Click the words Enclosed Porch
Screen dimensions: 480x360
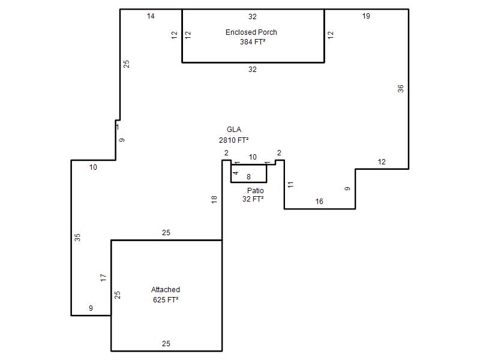[x=251, y=32]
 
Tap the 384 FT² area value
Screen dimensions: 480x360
[x=253, y=41]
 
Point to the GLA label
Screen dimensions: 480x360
[x=234, y=130]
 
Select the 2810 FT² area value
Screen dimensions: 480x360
[x=233, y=140]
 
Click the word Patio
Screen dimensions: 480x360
[x=256, y=190]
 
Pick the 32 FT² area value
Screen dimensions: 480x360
[x=253, y=199]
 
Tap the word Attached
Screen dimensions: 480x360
[x=166, y=290]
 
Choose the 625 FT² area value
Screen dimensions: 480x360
[x=166, y=299]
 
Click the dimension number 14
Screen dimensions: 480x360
[x=151, y=16]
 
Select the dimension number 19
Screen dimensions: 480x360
[x=366, y=16]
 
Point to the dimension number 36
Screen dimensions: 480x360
[x=401, y=89]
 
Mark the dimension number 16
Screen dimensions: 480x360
[x=319, y=202]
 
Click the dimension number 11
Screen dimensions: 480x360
[x=290, y=185]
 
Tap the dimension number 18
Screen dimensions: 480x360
[x=214, y=200]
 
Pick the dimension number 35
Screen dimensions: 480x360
[x=77, y=237]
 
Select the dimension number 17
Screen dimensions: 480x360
[x=103, y=278]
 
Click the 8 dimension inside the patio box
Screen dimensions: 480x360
[x=248, y=177]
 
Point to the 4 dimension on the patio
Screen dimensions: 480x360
[x=235, y=173]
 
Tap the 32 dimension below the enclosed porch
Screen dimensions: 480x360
[x=253, y=70]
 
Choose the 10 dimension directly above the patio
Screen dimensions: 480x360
[x=253, y=157]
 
